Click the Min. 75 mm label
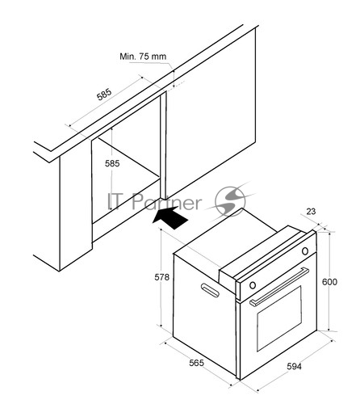143,57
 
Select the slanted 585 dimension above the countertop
104,95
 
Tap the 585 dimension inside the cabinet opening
112,163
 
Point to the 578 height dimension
161,277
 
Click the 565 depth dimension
196,363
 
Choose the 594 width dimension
294,367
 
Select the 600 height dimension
329,282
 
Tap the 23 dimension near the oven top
311,212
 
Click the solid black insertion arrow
170,217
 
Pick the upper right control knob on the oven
305,251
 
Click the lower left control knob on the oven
253,285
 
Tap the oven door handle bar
279,287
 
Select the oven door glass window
279,319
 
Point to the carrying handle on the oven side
210,290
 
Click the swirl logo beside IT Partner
232,200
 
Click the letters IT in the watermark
116,201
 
